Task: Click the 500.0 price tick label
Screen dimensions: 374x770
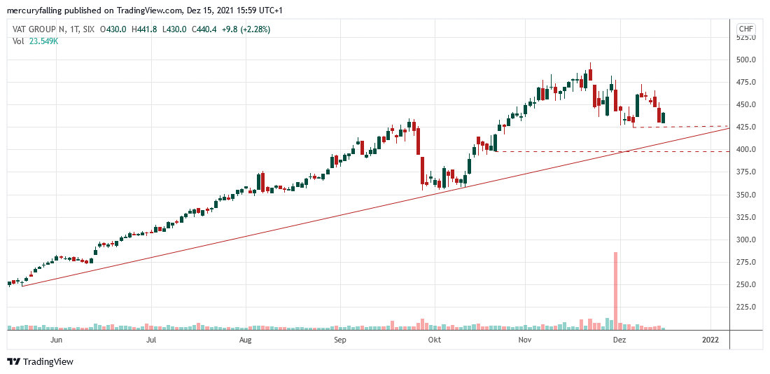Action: pos(745,60)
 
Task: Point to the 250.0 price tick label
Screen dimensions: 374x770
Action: pos(745,284)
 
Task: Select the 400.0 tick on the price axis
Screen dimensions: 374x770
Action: pos(745,150)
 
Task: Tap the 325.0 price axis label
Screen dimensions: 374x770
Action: pos(745,217)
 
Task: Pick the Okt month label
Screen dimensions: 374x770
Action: pos(434,340)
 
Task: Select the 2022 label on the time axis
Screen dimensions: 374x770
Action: pos(710,340)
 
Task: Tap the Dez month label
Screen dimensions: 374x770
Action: pos(619,340)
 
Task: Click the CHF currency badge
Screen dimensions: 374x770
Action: pos(745,29)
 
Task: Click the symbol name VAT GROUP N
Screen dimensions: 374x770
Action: pos(39,29)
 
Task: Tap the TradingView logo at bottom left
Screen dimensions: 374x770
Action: pos(40,361)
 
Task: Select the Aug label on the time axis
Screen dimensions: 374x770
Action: pos(245,340)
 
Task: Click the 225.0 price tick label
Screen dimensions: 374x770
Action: pos(745,307)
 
